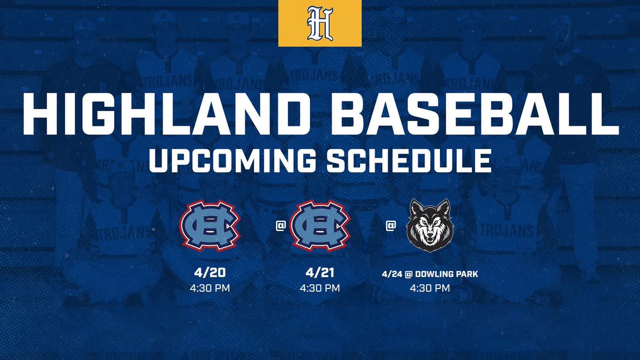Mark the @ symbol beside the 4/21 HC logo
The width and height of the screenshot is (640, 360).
click(x=280, y=226)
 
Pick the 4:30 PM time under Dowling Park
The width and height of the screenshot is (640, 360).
click(x=430, y=289)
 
